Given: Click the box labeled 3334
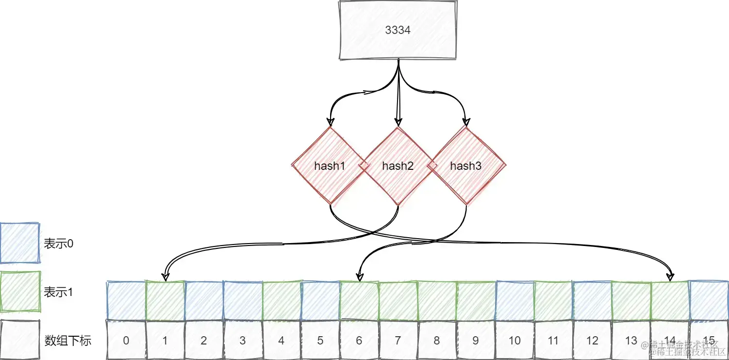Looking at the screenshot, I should [x=398, y=30].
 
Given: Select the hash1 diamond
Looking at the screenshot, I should [x=330, y=166].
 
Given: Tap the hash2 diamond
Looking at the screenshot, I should [x=398, y=166].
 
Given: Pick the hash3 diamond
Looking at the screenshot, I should [x=465, y=166].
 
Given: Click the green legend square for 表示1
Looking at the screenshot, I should [x=19, y=292].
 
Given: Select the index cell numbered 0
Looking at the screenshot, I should [x=126, y=340].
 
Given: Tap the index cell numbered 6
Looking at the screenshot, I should [x=359, y=340].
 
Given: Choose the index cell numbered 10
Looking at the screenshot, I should [x=514, y=340].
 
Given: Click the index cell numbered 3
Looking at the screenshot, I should [x=243, y=340].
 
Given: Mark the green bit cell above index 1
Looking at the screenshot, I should [x=165, y=301].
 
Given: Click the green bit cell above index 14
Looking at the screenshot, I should [x=670, y=301].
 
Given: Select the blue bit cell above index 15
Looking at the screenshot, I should [x=709, y=301].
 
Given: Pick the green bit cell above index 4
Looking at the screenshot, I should [x=282, y=301].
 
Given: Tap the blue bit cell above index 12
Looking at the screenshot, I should [x=592, y=301].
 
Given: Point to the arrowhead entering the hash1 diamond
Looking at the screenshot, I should [x=330, y=122].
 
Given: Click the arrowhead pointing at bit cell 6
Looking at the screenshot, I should [x=359, y=277].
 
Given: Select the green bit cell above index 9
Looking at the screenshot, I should [x=476, y=301].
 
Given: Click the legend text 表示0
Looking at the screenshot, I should [x=59, y=244].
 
